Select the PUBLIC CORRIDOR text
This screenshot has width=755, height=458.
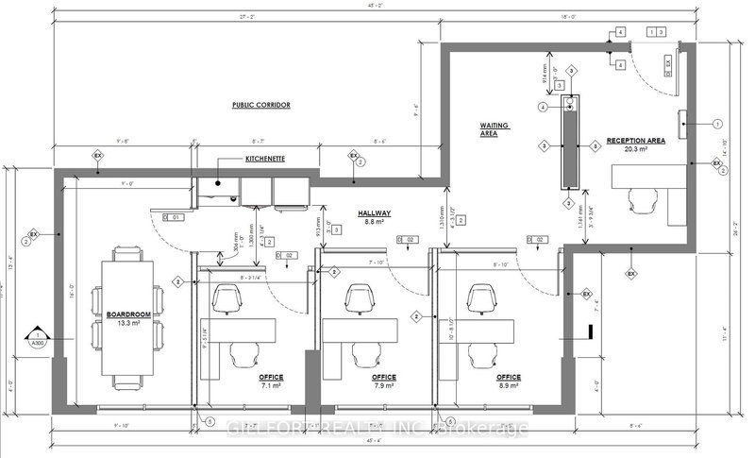tap(260, 105)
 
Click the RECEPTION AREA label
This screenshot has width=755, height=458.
tap(636, 139)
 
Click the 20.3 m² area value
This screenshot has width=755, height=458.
tap(637, 148)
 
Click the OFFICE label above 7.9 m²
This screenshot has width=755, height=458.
tap(382, 376)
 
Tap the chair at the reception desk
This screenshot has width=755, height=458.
tap(646, 198)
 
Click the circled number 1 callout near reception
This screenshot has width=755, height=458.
tap(716, 123)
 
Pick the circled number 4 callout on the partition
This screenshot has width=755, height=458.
tap(544, 108)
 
